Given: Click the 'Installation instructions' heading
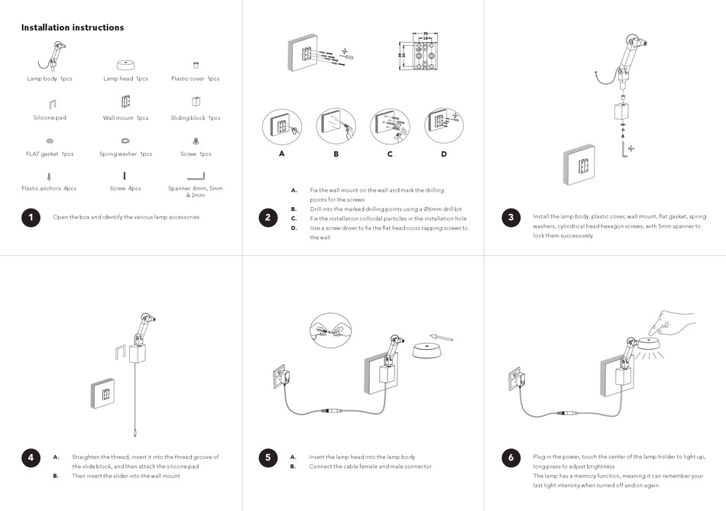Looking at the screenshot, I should [x=73, y=27].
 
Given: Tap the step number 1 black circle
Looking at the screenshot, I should [x=30, y=218].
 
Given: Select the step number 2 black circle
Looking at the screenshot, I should [x=267, y=218].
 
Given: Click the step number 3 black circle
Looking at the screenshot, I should [x=510, y=218].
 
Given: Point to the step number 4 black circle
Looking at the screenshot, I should [x=30, y=458].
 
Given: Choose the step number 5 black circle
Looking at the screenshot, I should [x=267, y=458].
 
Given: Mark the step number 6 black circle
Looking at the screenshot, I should [x=510, y=458].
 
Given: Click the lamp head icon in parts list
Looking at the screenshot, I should [x=125, y=64].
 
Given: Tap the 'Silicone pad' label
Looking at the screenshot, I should [x=50, y=118].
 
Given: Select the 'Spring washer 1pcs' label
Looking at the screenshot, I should [x=125, y=154].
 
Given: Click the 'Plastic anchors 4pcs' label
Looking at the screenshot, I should [x=49, y=188].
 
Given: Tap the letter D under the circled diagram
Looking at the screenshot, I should [x=443, y=154].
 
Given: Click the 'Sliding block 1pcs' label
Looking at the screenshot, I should [x=196, y=118].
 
